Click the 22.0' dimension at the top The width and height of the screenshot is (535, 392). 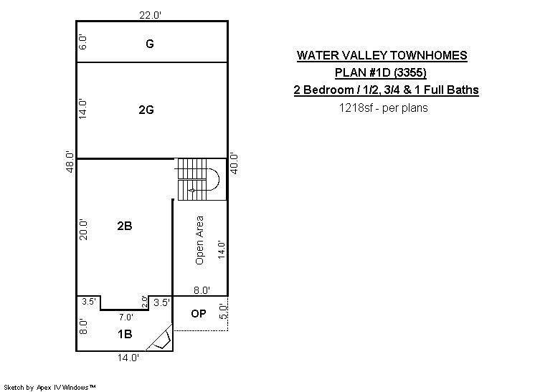click(x=150, y=15)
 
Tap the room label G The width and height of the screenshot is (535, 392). click(x=149, y=44)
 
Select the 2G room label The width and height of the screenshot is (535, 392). click(x=146, y=110)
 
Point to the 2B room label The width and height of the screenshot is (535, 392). click(x=125, y=226)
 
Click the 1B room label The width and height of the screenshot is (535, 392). click(x=125, y=334)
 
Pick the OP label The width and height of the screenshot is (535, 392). click(x=198, y=314)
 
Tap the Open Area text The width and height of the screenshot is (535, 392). click(x=199, y=240)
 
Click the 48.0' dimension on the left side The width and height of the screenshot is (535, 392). click(x=70, y=161)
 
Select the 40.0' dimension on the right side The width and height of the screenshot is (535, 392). click(x=235, y=164)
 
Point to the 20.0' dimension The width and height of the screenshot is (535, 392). click(x=83, y=230)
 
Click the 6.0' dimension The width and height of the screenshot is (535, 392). click(x=82, y=42)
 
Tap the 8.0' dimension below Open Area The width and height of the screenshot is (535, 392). click(x=202, y=290)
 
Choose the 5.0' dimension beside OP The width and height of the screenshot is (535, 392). click(x=222, y=311)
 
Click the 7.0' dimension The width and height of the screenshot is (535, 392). click(x=126, y=317)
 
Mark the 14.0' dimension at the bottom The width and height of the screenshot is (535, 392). click(x=128, y=358)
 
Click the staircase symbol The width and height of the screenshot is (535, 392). click(x=197, y=179)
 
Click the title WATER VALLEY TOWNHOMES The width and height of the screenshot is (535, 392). click(x=382, y=55)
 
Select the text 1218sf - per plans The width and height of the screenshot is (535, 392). click(x=383, y=107)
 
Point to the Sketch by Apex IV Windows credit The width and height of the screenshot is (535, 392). click(x=49, y=387)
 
